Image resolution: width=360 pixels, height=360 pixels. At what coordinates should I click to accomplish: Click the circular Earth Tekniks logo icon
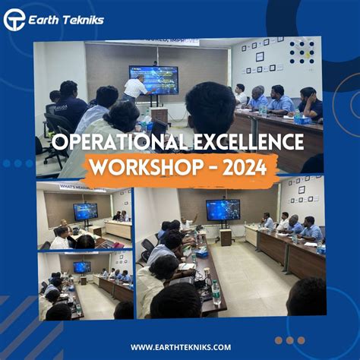click(x=14, y=19)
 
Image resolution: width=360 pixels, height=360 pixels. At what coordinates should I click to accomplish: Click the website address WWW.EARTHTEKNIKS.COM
click(x=180, y=347)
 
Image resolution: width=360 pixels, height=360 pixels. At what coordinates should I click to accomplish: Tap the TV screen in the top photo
click(x=153, y=79)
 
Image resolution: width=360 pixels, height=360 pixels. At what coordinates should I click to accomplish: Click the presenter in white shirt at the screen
click(x=136, y=90)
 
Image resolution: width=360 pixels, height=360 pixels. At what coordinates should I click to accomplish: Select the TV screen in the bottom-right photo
click(x=223, y=210)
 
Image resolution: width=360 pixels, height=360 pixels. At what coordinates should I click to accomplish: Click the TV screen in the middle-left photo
click(x=85, y=211)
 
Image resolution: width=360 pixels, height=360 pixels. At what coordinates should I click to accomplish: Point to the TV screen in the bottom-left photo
click(x=81, y=267)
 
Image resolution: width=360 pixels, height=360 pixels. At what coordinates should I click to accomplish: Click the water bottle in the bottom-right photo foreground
click(x=215, y=289)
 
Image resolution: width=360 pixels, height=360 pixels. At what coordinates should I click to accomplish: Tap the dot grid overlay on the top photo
click(x=302, y=52)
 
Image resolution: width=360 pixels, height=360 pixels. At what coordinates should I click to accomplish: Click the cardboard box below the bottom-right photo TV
click(x=226, y=237)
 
